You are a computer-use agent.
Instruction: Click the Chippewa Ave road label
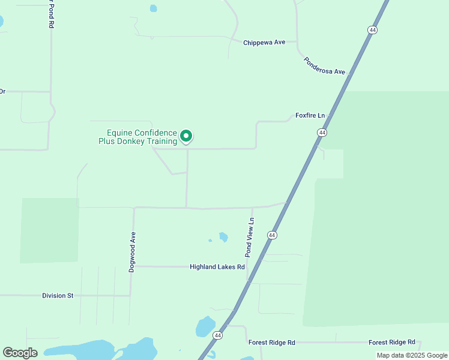point(264,43)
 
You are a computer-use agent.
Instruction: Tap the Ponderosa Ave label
point(324,66)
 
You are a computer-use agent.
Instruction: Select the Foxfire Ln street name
point(310,115)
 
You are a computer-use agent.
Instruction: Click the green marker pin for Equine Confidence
point(186,137)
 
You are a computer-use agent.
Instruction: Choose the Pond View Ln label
point(249,237)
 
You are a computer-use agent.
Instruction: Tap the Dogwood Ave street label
point(133,252)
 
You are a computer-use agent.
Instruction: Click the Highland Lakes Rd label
point(217,266)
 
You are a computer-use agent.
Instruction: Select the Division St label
point(58,295)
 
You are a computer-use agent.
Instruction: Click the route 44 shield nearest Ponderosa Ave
point(373,30)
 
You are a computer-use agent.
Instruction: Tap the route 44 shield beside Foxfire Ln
point(322,132)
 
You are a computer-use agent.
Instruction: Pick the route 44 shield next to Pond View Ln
point(273,235)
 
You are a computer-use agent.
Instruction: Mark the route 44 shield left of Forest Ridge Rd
point(217,335)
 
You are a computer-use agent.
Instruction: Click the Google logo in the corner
point(20,353)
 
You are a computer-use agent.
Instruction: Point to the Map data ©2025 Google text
point(412,355)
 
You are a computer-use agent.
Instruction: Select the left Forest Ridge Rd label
point(272,343)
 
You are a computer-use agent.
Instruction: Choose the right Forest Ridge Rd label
point(392,342)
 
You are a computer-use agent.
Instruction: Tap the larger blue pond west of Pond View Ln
point(223,237)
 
